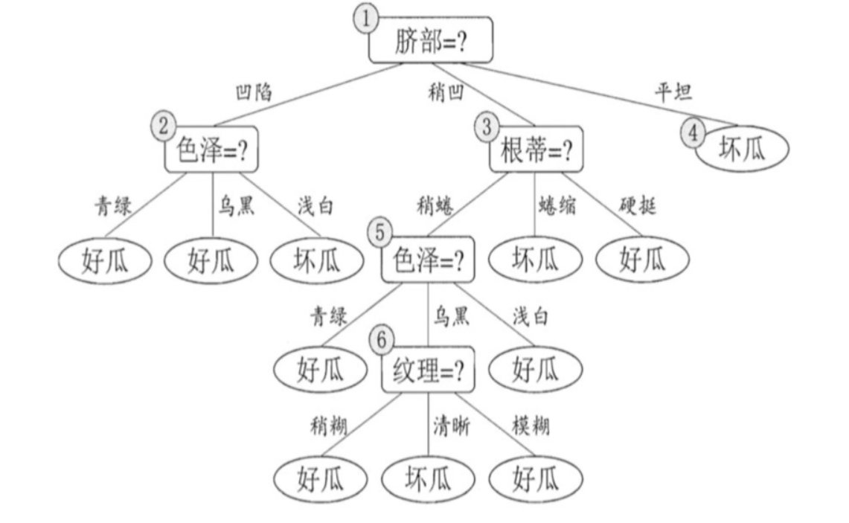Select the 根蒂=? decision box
point(536,151)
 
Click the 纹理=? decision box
point(428,370)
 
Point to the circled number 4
point(693,133)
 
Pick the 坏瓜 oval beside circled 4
point(741,149)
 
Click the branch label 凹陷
point(253,92)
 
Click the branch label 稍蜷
point(434,204)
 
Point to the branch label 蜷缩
point(556,204)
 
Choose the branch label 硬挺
point(638,204)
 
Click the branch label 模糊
point(531,426)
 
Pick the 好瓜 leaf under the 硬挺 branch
point(642,260)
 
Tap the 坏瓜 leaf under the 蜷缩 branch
point(535,260)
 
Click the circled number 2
point(163,124)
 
